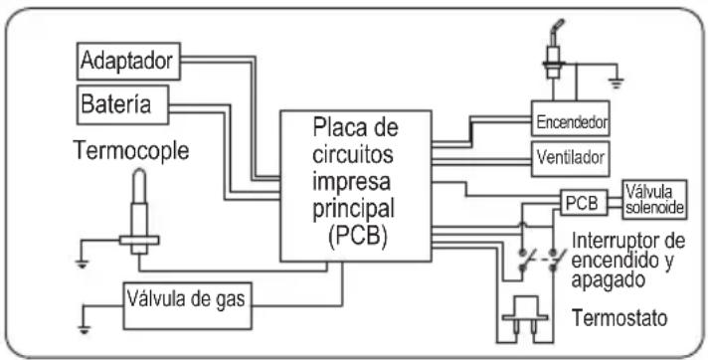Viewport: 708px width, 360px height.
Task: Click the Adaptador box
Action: click(128, 61)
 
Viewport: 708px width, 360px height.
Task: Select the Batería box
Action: click(123, 104)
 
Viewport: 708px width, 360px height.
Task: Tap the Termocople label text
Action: click(131, 150)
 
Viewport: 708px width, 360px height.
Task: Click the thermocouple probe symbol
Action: click(139, 212)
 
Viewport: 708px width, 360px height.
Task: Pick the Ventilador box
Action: click(571, 158)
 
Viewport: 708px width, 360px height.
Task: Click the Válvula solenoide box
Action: click(654, 200)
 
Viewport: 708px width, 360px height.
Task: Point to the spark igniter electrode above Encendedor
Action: click(552, 50)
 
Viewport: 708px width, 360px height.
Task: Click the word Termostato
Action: click(619, 318)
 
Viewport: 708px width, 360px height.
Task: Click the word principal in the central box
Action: click(354, 208)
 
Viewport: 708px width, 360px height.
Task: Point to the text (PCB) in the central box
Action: click(356, 238)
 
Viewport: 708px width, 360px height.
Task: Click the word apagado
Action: click(608, 280)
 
